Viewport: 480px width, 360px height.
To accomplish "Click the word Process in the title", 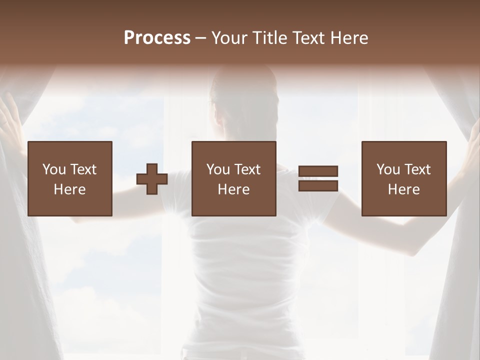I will click(x=157, y=38).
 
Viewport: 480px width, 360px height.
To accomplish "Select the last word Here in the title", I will click(x=348, y=38).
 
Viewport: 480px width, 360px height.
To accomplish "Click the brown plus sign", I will click(x=152, y=179).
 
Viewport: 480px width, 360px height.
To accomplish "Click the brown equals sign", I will click(x=318, y=178).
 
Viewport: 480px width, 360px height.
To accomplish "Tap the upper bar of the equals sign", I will click(x=318, y=171).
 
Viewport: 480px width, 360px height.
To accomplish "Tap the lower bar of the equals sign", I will click(x=318, y=186).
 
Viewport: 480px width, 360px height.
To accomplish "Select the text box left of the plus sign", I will click(x=70, y=179).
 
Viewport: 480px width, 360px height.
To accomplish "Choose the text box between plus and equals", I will click(x=234, y=179).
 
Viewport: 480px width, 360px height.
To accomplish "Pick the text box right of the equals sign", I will click(x=404, y=179).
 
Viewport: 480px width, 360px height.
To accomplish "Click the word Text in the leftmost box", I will click(x=83, y=169).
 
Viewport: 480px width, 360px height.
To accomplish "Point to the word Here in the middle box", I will click(x=234, y=189).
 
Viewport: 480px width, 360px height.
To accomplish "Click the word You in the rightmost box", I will click(x=388, y=169).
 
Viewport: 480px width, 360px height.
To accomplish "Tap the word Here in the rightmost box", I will click(x=404, y=189).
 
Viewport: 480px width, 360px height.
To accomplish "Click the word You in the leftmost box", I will click(x=54, y=169).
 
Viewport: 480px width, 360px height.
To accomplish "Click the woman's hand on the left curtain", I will click(x=9, y=117).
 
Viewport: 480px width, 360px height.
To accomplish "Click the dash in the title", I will click(x=201, y=38).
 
